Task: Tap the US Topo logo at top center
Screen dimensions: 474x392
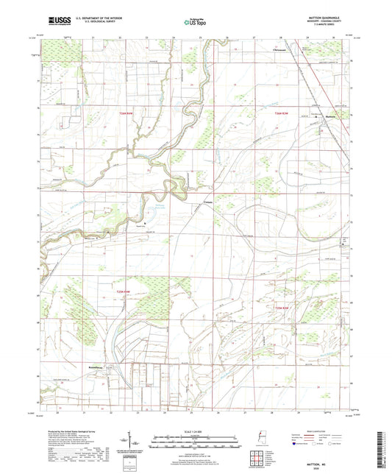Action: [194, 23]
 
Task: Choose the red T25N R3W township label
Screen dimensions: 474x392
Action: [284, 308]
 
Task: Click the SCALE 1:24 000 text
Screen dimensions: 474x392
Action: [196, 431]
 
